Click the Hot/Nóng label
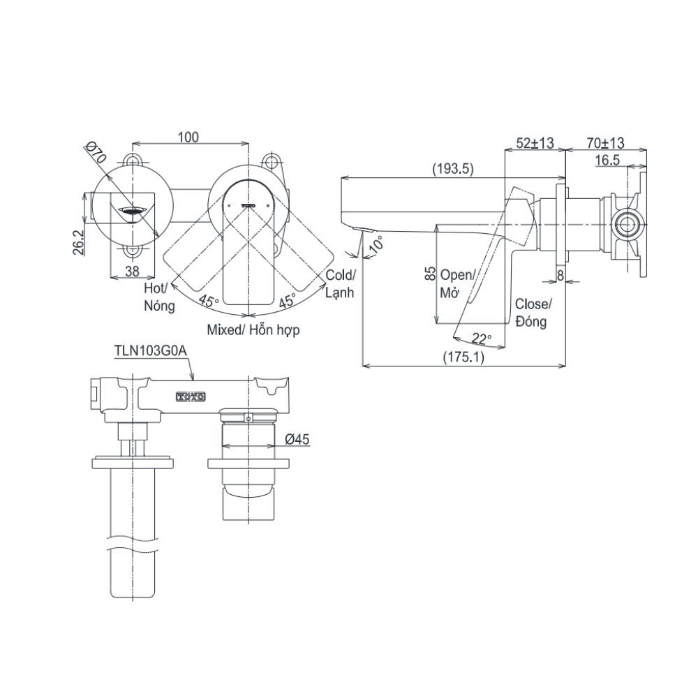[x=158, y=296]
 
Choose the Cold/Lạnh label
[x=340, y=283]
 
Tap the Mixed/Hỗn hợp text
[x=253, y=330]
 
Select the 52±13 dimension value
[x=534, y=142]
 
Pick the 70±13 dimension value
[x=604, y=142]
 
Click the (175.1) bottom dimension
[x=463, y=356]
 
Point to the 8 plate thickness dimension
[x=561, y=276]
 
